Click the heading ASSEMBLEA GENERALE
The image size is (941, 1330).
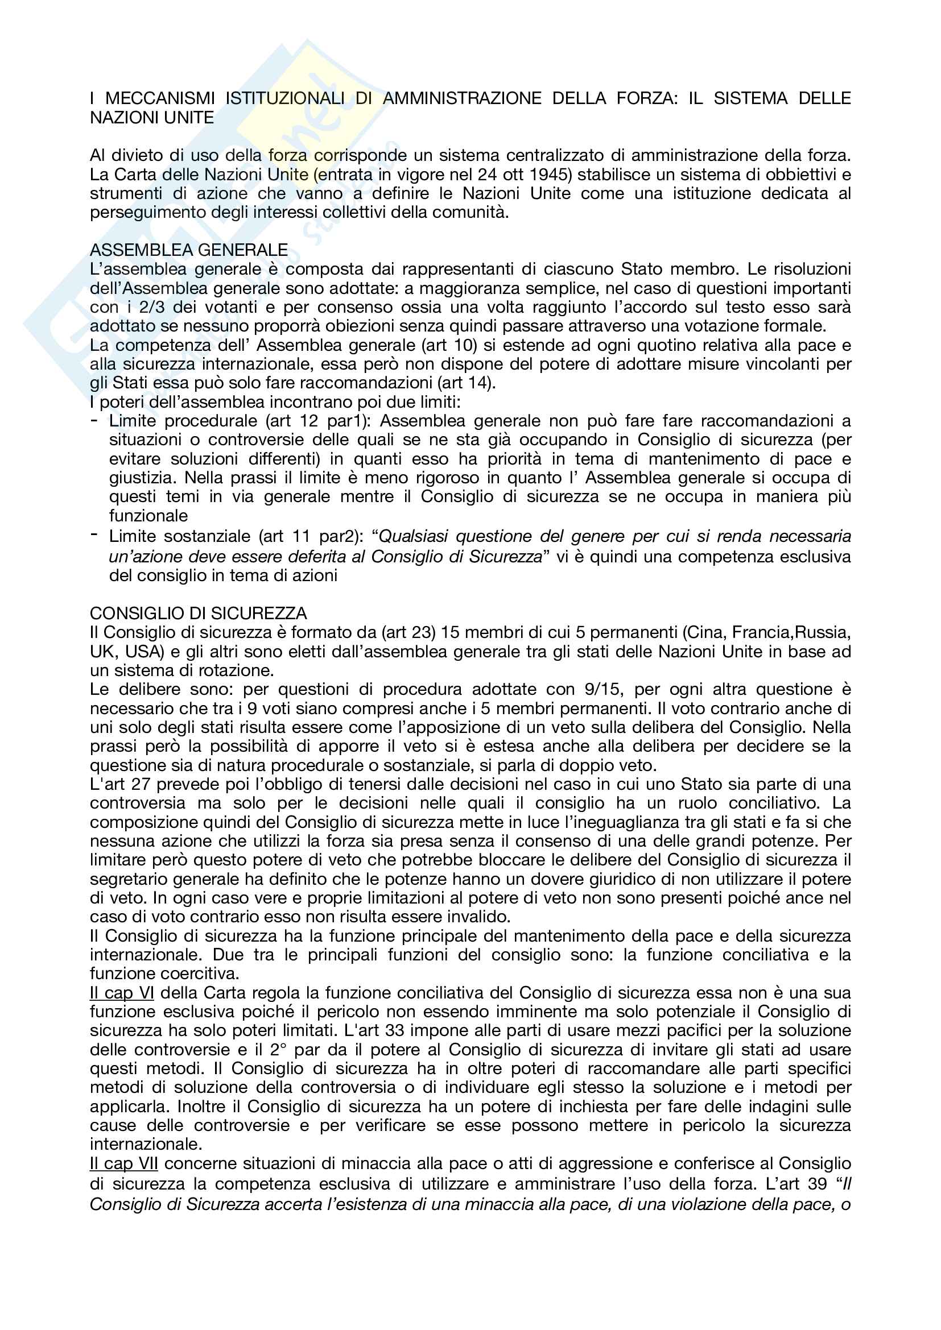coord(189,250)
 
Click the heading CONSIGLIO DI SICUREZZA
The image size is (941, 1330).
coord(198,614)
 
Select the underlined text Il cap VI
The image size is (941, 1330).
coord(122,993)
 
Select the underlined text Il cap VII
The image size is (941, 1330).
coord(124,1164)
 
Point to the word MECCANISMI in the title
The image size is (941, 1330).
coord(160,98)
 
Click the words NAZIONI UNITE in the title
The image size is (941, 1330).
coord(152,118)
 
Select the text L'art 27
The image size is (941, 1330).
coord(120,784)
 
